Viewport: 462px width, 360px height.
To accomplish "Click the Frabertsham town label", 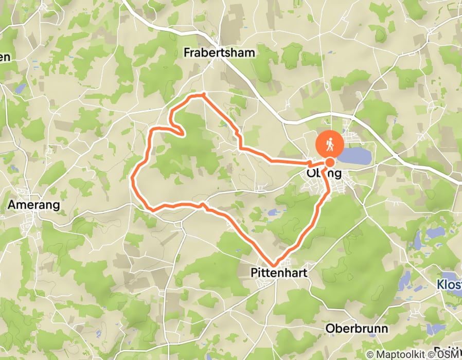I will [x=219, y=52].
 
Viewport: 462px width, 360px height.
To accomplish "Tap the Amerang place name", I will [x=34, y=205].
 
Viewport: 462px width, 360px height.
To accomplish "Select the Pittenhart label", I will [x=278, y=273].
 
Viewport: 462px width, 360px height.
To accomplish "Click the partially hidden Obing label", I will [x=324, y=173].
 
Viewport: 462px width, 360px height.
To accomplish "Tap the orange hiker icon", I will [x=330, y=145].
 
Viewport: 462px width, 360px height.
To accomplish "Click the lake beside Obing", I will [x=356, y=156].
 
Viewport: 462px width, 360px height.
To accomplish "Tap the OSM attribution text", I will [x=450, y=354].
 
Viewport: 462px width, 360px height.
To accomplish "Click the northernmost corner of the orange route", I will [x=204, y=94].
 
